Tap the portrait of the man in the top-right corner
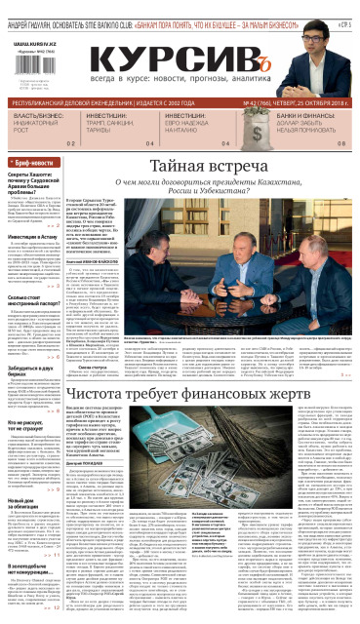click(338, 44)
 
